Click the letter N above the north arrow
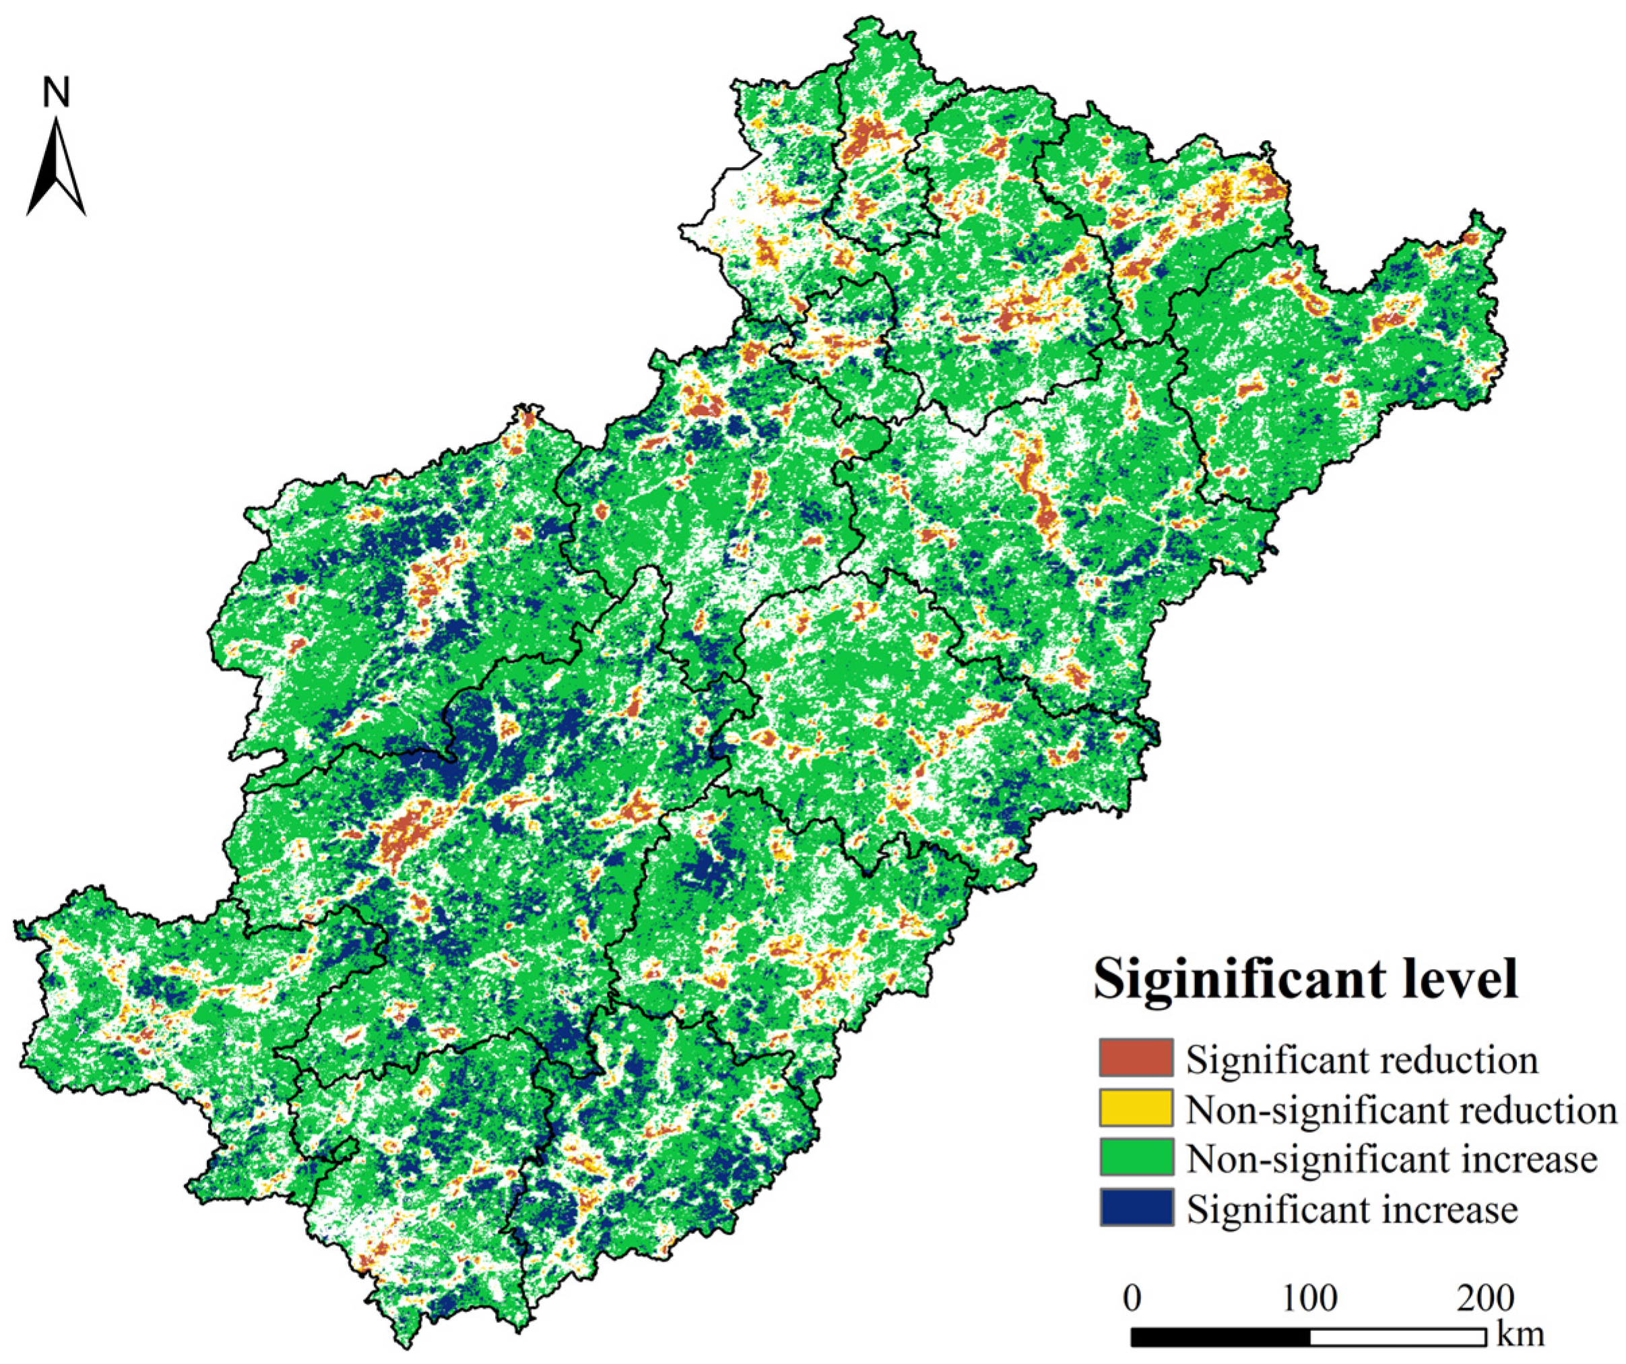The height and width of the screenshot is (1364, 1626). pos(57,92)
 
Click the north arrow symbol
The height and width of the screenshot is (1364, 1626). pos(56,166)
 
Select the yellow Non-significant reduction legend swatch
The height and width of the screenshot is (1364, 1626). pos(1136,1109)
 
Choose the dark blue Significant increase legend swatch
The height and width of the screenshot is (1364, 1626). pos(1136,1208)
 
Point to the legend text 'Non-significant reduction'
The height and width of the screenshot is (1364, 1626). pos(1402,1110)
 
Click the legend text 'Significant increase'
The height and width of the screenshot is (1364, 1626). pos(1352,1209)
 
